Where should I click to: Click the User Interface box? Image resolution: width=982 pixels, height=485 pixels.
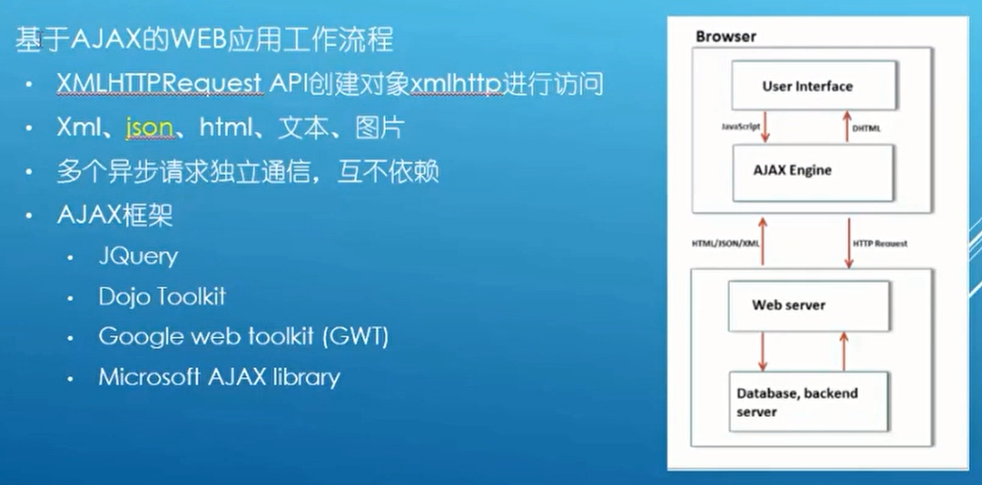coord(807,85)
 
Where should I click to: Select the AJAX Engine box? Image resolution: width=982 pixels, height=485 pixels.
coord(812,171)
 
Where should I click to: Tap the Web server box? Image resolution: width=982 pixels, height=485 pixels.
coord(808,305)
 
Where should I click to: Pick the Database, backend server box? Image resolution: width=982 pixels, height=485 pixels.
coord(808,401)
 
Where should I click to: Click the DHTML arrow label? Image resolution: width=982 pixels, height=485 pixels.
coord(866,129)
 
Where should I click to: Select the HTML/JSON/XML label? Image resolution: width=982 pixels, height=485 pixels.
coord(725,243)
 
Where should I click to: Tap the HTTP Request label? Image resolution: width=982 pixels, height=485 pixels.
coord(880,243)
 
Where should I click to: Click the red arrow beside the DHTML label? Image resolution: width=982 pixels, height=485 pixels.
coord(846,126)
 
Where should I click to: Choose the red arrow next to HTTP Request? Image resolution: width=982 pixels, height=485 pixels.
coord(849,242)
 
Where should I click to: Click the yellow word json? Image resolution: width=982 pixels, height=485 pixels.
coord(150,127)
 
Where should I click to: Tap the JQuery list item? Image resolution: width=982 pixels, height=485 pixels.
coord(139,255)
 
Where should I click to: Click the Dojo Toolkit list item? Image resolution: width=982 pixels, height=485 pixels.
coord(162,296)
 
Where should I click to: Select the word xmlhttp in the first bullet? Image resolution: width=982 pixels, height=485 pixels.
coord(456,85)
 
